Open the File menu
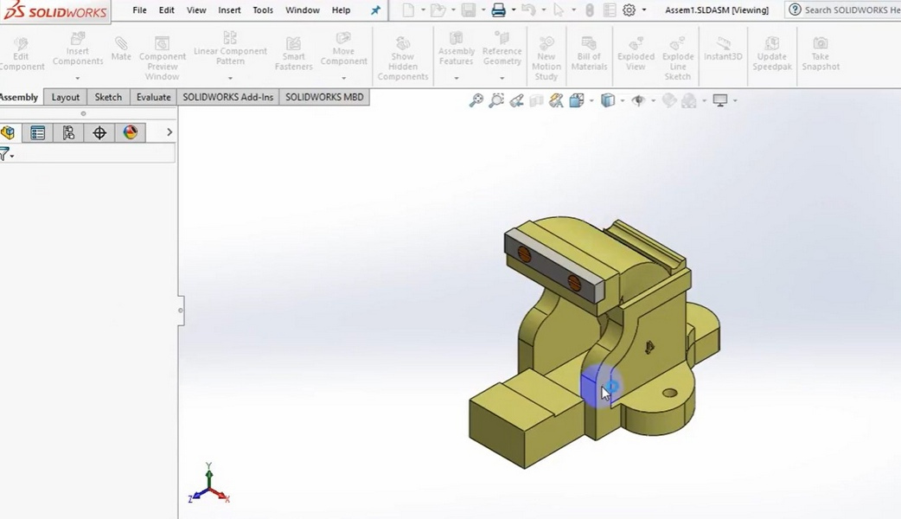click(x=139, y=10)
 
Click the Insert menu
click(x=229, y=10)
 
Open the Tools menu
click(x=263, y=10)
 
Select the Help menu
click(x=342, y=10)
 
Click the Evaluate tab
click(x=153, y=97)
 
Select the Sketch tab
click(x=108, y=97)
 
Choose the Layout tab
click(x=65, y=97)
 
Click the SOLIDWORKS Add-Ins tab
click(x=227, y=97)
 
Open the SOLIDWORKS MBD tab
click(x=324, y=97)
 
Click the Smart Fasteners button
click(x=294, y=54)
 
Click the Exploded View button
click(x=636, y=54)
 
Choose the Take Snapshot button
click(x=820, y=54)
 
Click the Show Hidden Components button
click(x=403, y=59)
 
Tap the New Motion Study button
click(x=546, y=59)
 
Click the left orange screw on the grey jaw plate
click(x=524, y=253)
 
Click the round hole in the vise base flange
click(x=669, y=394)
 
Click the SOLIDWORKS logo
click(x=55, y=11)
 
